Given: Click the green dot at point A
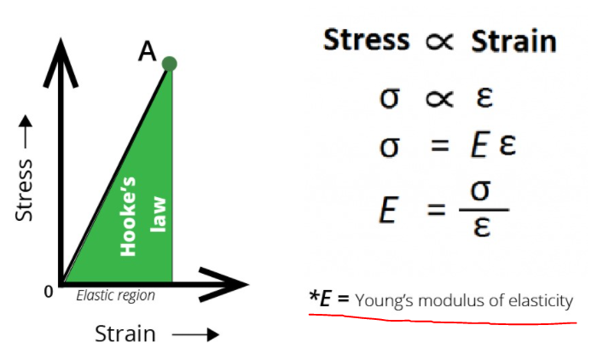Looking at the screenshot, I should coord(169,63).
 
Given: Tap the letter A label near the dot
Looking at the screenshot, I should coord(147,53).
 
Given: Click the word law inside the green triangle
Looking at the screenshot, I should coord(158,214).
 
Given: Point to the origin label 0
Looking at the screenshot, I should coord(49,292).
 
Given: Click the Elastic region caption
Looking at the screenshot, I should coord(115,296).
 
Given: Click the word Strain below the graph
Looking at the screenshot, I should coord(125,334).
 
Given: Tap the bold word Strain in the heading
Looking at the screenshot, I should coord(513,41).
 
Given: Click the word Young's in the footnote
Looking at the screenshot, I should coord(384,301).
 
